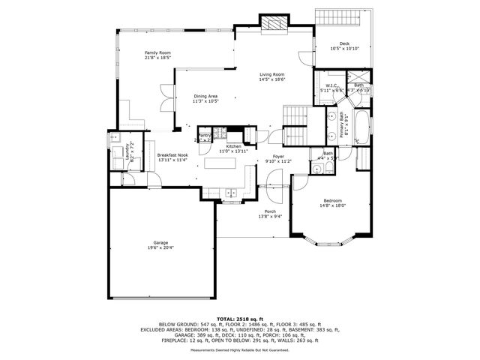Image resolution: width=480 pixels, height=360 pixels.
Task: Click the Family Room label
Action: tap(157, 52)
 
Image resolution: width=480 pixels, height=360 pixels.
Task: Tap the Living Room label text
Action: tap(272, 74)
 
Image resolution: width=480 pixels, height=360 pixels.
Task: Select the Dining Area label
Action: tap(205, 96)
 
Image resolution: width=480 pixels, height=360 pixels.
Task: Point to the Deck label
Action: tap(344, 43)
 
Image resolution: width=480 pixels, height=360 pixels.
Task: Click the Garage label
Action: tap(160, 242)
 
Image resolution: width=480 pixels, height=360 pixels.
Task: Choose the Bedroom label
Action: tap(332, 200)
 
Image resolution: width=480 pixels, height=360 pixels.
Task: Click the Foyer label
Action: tap(278, 156)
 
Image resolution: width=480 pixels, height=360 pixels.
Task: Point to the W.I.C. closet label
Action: tap(331, 85)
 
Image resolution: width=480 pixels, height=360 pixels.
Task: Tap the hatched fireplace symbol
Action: tap(273, 24)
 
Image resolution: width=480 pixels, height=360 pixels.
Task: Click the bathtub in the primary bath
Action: tap(362, 125)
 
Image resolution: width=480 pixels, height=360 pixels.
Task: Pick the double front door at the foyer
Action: tap(271, 183)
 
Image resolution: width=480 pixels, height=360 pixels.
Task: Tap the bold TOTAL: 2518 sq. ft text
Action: tap(239, 318)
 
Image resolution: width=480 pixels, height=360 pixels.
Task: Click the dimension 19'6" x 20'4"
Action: tap(160, 247)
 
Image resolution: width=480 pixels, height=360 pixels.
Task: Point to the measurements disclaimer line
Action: tap(239, 349)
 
